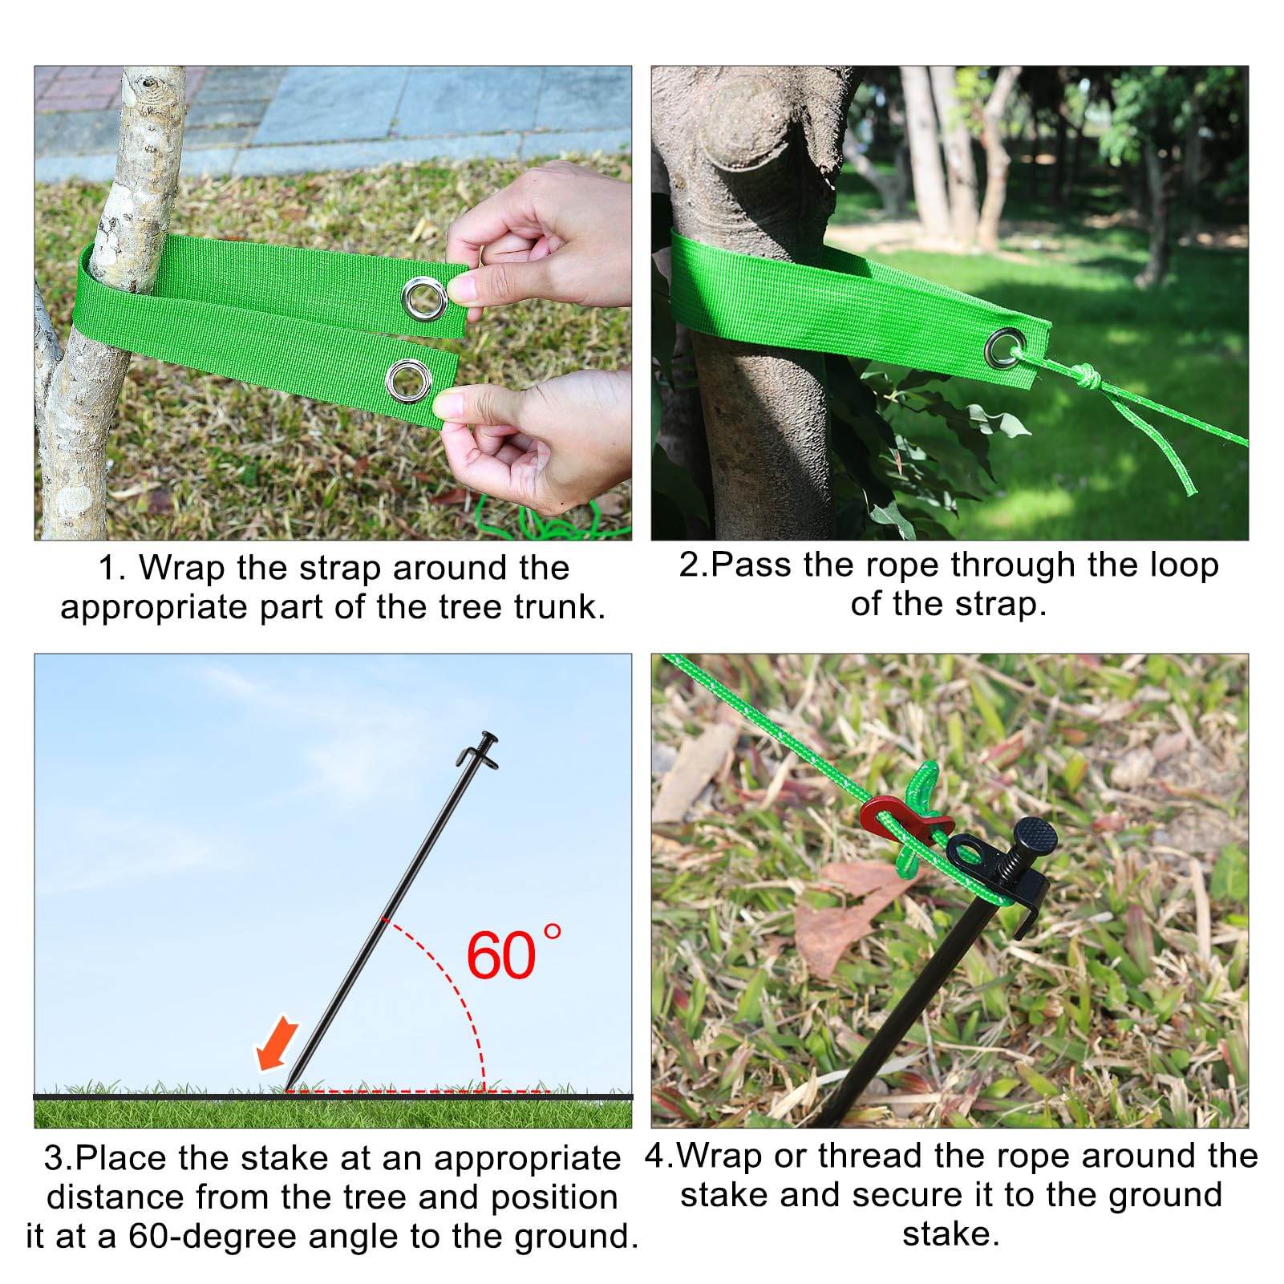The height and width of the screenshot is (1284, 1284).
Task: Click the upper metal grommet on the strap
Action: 425,298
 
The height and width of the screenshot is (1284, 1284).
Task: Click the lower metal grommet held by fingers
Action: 409,380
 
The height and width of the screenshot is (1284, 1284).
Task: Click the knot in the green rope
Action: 1085,375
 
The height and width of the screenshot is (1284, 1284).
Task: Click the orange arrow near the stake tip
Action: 276,1043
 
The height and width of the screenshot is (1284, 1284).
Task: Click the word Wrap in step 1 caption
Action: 181,568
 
